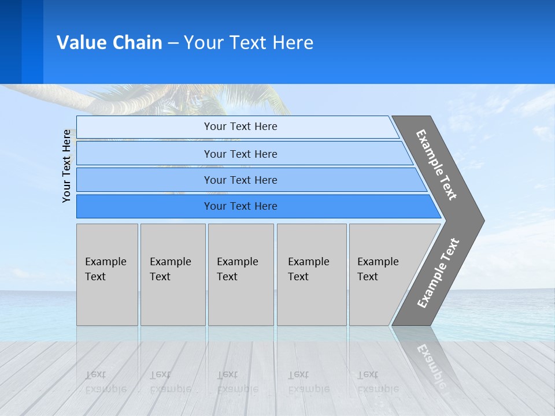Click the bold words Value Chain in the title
pyautogui.click(x=109, y=43)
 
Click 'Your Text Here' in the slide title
pyautogui.click(x=249, y=43)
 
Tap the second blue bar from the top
pyautogui.click(x=240, y=154)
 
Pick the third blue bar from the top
pyautogui.click(x=240, y=180)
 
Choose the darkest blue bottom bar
pyautogui.click(x=240, y=206)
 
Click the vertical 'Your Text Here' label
pyautogui.click(x=66, y=166)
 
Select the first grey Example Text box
pyautogui.click(x=107, y=274)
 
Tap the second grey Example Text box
pyautogui.click(x=172, y=274)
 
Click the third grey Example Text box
pyautogui.click(x=240, y=274)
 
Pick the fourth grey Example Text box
pyautogui.click(x=311, y=274)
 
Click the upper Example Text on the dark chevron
pyautogui.click(x=436, y=165)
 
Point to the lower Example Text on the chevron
pyautogui.click(x=438, y=273)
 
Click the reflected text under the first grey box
pyautogui.click(x=105, y=381)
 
